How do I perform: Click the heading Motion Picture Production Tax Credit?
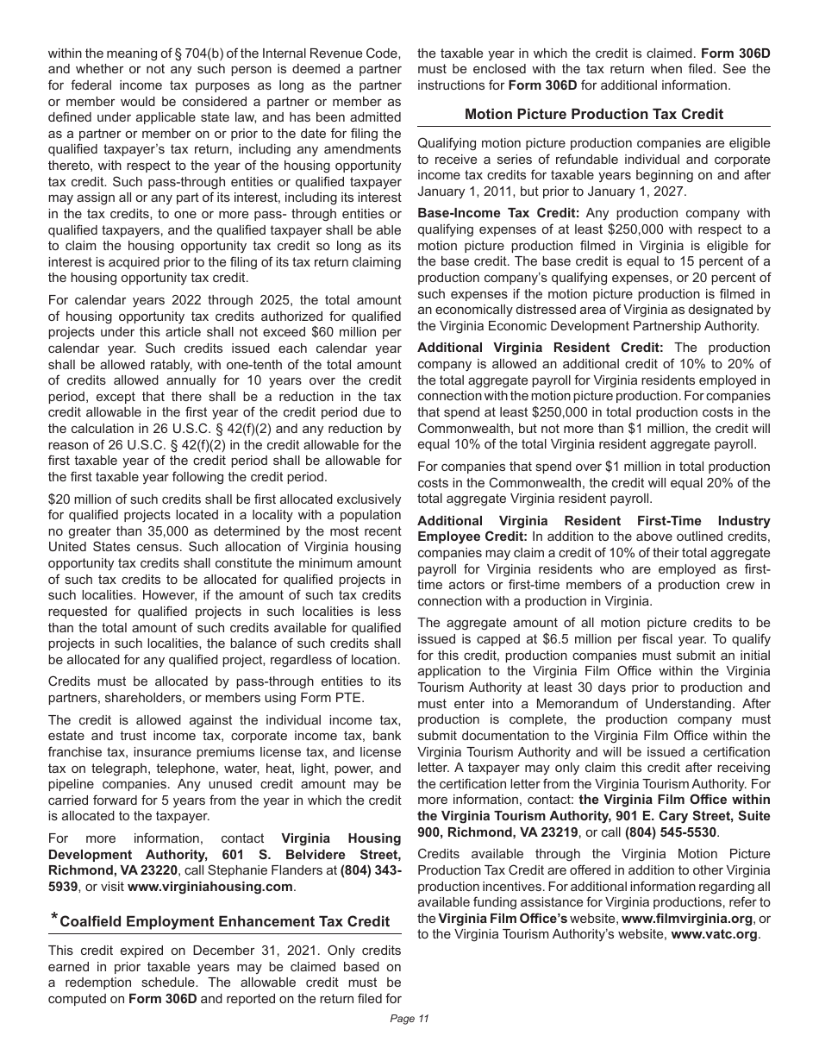tap(593, 114)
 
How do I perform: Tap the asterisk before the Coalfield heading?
tap(53, 918)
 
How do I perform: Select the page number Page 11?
tap(409, 1018)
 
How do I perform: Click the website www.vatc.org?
tap(715, 933)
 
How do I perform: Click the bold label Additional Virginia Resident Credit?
tap(541, 347)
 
